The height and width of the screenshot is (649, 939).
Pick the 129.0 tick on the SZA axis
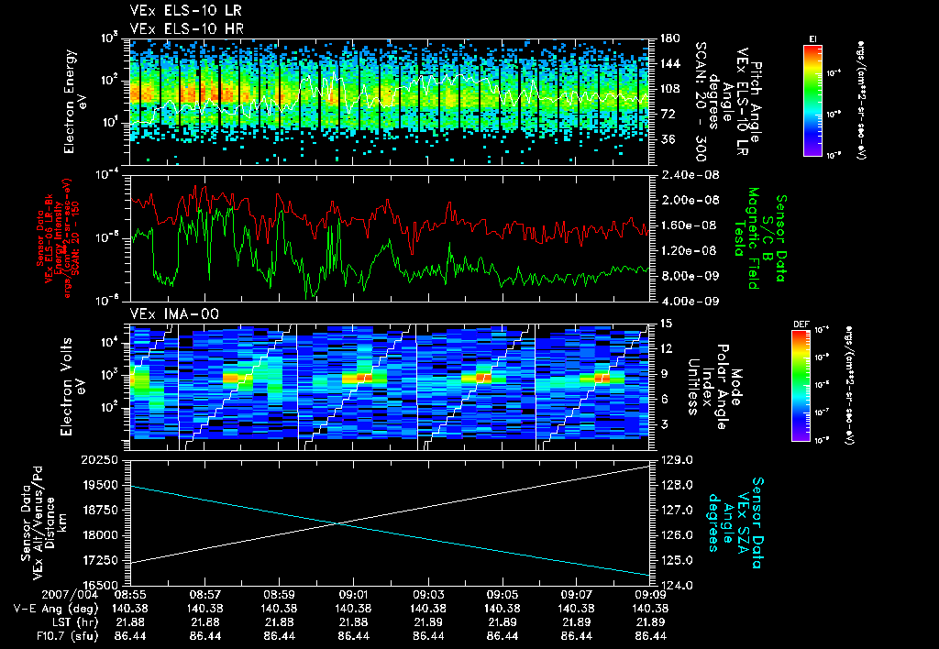668,459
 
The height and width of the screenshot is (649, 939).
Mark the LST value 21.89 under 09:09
650,621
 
